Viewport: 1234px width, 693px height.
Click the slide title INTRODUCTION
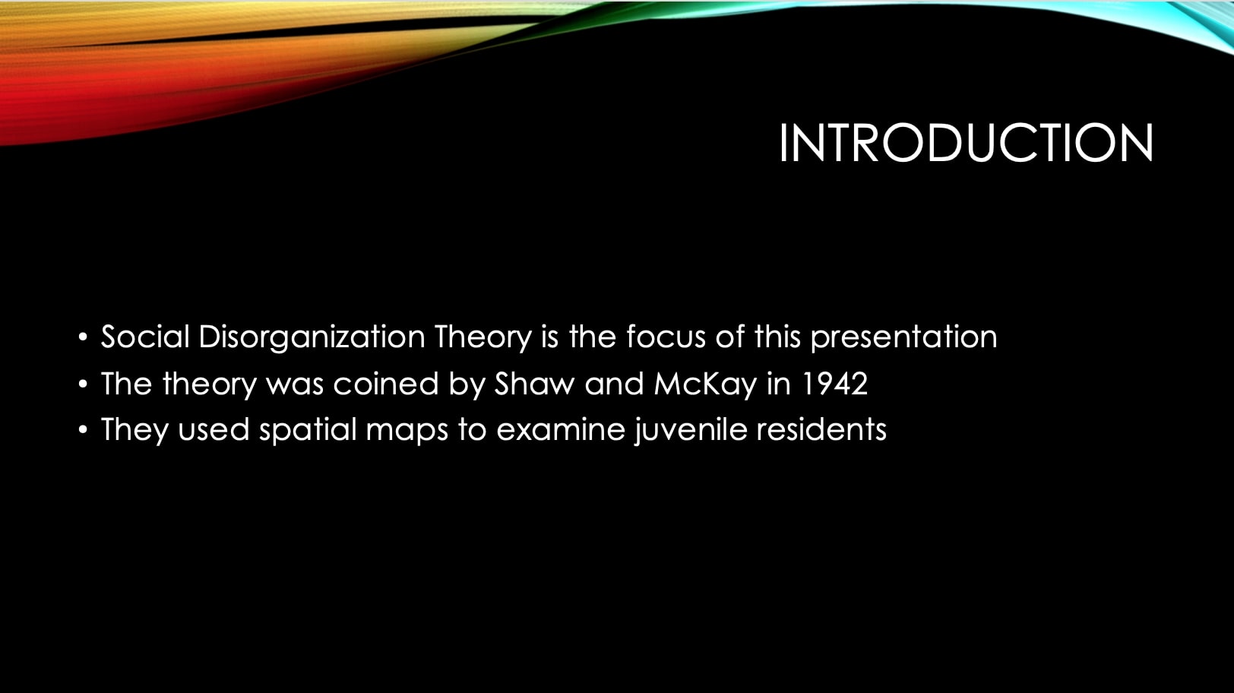click(967, 143)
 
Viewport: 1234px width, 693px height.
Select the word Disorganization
click(312, 337)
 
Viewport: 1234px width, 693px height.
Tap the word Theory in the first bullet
click(483, 337)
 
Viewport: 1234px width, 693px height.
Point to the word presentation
click(903, 337)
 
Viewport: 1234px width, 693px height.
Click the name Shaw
click(534, 384)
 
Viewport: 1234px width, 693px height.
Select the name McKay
click(705, 384)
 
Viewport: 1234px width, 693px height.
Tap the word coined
click(386, 384)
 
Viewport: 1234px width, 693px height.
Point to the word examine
click(561, 429)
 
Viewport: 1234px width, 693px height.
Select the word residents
click(821, 429)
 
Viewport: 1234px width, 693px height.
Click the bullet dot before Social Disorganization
click(83, 337)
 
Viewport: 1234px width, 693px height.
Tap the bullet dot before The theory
click(83, 384)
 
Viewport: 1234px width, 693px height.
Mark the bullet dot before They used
click(83, 429)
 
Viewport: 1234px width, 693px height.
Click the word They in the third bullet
click(134, 430)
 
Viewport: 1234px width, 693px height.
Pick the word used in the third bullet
click(214, 429)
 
